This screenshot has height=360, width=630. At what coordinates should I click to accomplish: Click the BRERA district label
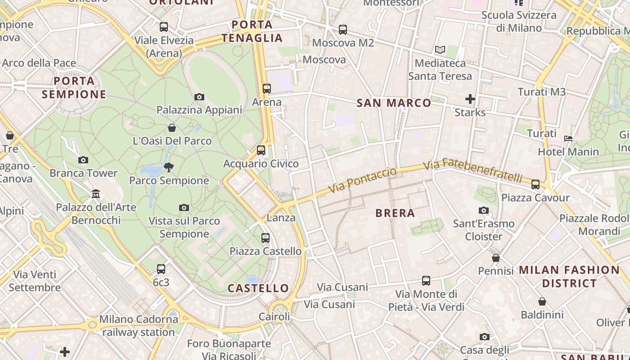(395, 213)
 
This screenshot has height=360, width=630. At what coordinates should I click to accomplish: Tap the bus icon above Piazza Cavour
(535, 184)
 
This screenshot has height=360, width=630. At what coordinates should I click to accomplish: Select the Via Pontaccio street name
(363, 180)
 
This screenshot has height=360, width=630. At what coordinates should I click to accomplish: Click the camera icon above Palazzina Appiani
(199, 97)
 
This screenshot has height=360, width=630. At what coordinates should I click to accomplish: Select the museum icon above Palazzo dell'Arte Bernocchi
(95, 194)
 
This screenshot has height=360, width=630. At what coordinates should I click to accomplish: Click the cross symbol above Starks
(470, 99)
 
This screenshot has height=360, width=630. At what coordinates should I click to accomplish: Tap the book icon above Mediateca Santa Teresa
(440, 50)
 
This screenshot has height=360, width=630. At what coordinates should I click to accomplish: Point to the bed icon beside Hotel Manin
(568, 139)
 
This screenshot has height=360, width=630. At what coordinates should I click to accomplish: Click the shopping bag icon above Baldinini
(542, 301)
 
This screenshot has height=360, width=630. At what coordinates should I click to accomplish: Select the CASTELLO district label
(258, 288)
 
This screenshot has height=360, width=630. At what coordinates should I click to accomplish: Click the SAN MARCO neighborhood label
(394, 103)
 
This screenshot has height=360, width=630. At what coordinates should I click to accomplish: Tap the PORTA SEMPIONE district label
(74, 88)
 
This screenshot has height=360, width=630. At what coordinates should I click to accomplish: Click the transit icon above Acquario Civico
(261, 150)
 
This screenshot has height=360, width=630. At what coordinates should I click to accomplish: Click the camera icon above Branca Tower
(83, 160)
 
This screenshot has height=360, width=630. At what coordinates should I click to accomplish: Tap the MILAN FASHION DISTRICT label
(569, 277)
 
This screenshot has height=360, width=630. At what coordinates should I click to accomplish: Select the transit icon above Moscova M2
(343, 30)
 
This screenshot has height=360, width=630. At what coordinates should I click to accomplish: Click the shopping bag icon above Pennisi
(495, 258)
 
